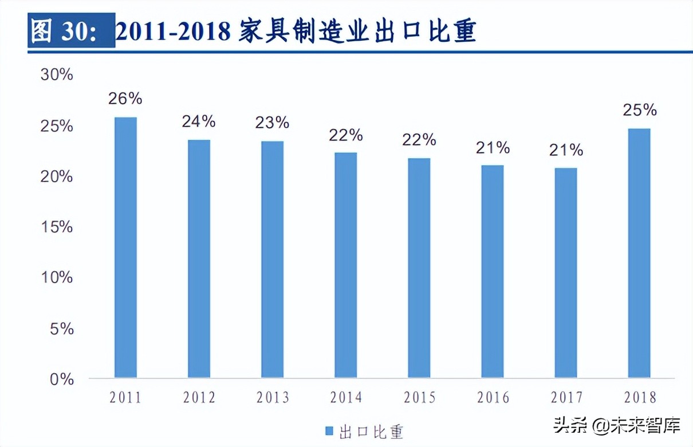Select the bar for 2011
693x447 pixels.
pos(125,248)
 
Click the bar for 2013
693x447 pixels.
pos(272,260)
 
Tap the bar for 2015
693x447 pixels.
pos(419,268)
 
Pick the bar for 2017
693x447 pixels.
pos(566,273)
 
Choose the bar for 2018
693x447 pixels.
pos(639,253)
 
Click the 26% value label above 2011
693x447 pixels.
pos(125,99)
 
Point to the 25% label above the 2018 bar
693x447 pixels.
pos(640,109)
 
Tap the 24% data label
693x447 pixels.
pos(199,121)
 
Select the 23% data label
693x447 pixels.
pos(272,123)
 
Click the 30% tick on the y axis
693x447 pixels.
pos(57,75)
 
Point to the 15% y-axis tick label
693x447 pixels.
pos(57,227)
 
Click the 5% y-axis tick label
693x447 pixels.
pos(61,328)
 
